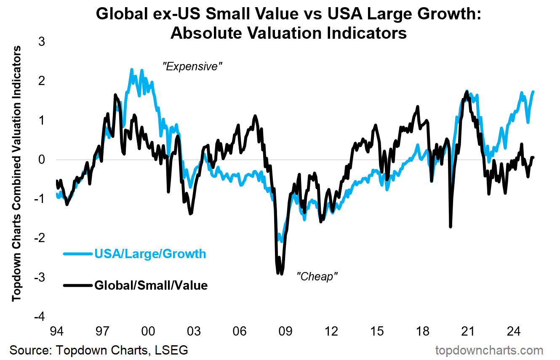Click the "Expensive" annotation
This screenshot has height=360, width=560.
pos(192,67)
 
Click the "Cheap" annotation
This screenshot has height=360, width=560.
pos(317,277)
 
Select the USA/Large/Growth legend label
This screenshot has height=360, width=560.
pos(150,254)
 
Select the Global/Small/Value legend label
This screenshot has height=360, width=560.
pos(151,285)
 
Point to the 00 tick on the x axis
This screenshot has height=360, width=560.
pos(148,331)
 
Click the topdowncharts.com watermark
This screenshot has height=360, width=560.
pos(489,350)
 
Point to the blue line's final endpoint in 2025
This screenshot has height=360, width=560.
pos(533,92)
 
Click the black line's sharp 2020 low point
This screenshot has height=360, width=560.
pos(451,227)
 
